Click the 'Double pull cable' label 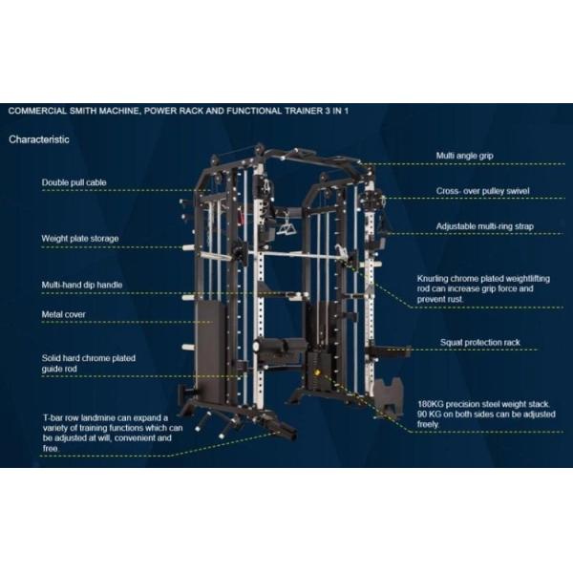tap(74, 182)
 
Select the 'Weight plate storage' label tap(80, 239)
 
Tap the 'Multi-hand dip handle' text tap(82, 285)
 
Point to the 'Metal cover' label tap(64, 314)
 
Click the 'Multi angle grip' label tap(464, 156)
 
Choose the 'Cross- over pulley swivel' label tap(482, 191)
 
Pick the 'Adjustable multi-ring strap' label tap(484, 226)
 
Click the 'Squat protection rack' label tap(479, 343)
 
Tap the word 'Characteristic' tap(39, 139)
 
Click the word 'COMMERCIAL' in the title tap(37, 111)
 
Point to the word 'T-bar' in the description tap(53, 417)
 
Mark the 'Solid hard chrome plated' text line tap(89, 358)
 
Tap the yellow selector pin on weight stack tap(316, 373)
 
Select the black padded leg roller tap(280, 346)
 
